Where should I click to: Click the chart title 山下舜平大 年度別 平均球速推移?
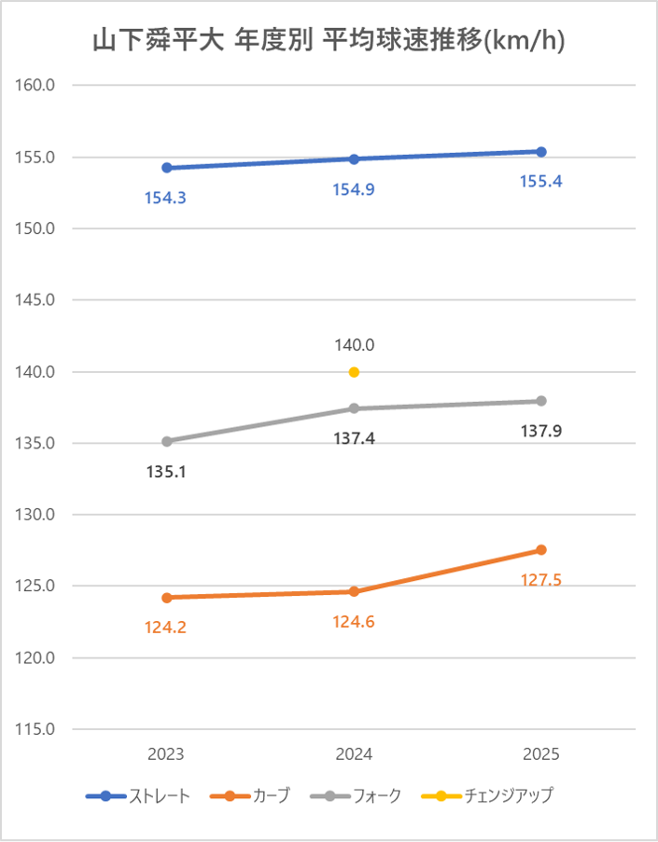click(x=329, y=41)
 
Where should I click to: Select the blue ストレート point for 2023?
click(x=166, y=168)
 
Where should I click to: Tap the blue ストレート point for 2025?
click(x=541, y=151)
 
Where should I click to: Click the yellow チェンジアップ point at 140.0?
click(x=354, y=372)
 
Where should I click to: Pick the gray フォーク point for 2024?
click(x=354, y=408)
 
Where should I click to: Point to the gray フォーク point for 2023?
click(x=166, y=441)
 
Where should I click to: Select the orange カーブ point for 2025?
click(x=541, y=550)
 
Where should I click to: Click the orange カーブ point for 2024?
click(x=354, y=591)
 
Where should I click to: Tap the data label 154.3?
click(x=165, y=198)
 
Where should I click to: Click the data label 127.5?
click(x=540, y=580)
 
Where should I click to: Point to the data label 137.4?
click(x=354, y=437)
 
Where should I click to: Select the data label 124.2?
click(x=165, y=628)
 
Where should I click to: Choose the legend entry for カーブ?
click(x=250, y=796)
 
